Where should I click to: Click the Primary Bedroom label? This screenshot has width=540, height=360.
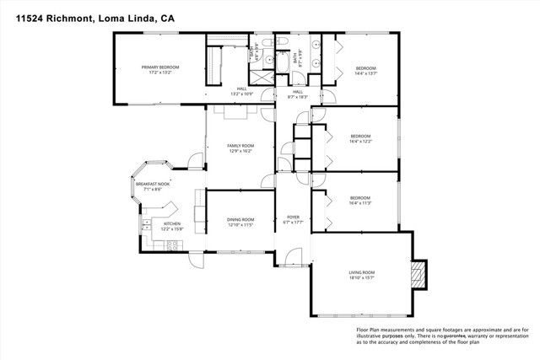159,67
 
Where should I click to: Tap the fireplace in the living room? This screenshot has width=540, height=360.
417,275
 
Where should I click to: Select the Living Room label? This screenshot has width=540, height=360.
362,271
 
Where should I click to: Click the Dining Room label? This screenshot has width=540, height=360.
240,219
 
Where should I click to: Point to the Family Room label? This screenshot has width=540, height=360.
240,146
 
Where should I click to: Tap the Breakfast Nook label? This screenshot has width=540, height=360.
152,184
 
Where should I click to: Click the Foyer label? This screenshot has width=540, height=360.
293,218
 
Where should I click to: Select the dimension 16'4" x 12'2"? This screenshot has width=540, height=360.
361,141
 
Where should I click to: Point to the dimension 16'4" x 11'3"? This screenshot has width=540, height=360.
361,203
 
